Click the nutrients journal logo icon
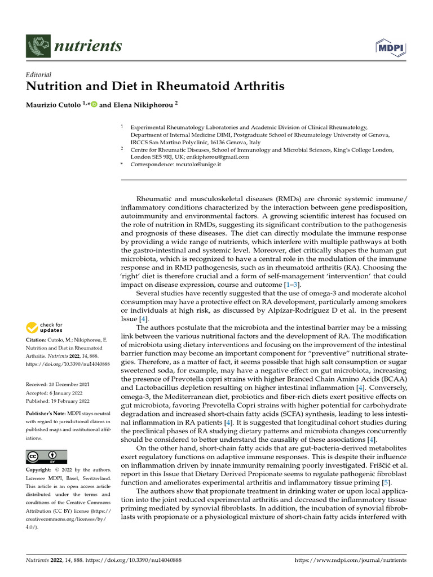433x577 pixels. pyautogui.click(x=38, y=46)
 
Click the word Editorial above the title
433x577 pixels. pyautogui.click(x=39, y=74)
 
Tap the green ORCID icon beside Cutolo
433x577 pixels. pyautogui.click(x=94, y=104)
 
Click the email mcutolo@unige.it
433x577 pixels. pyautogui.click(x=191, y=164)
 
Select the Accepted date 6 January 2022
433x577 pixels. pyautogui.click(x=51, y=393)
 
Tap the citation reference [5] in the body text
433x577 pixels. pyautogui.click(x=385, y=482)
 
